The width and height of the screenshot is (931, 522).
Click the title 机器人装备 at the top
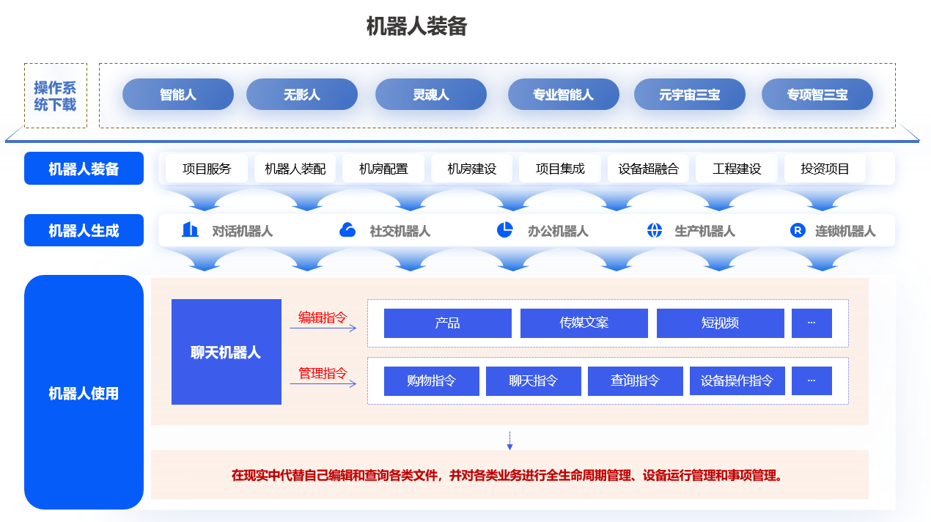[416, 26]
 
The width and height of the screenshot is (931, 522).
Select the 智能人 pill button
[178, 95]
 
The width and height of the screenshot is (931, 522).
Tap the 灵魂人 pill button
[430, 95]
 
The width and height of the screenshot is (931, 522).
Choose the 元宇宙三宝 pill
[690, 95]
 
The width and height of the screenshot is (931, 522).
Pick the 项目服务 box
[207, 169]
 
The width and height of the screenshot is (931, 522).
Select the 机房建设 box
[472, 169]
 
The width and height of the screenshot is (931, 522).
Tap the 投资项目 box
[825, 169]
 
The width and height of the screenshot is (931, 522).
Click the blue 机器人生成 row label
[84, 230]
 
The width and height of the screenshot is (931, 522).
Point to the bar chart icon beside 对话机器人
[190, 229]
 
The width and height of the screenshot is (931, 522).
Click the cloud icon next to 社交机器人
[347, 229]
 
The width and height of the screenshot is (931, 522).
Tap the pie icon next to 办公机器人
[505, 229]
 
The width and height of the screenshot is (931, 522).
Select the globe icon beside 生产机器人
[655, 229]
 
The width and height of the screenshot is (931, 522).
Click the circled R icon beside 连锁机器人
[798, 229]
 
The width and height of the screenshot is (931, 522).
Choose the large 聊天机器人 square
[227, 352]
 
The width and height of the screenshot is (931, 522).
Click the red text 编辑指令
[323, 317]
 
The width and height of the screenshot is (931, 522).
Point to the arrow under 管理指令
[323, 383]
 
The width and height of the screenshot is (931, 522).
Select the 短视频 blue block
[721, 323]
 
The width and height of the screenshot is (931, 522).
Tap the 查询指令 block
[635, 381]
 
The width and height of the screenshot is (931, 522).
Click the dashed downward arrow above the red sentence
[509, 441]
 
